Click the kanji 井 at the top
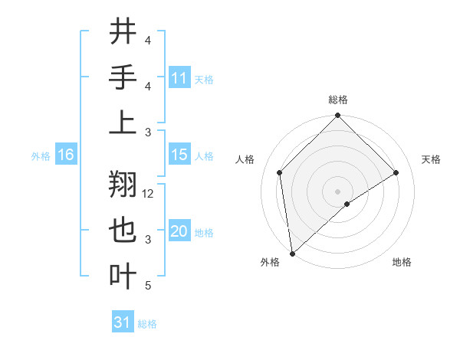(123, 32)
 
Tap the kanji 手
(123, 77)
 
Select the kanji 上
(123, 123)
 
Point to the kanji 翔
(123, 185)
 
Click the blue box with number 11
(179, 77)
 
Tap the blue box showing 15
(179, 155)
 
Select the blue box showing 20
(179, 231)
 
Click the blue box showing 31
(123, 322)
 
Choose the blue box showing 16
(66, 155)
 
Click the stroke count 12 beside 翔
(149, 194)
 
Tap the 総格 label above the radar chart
(337, 100)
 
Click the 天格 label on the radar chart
(431, 159)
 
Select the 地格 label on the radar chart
(402, 262)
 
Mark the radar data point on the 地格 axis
(347, 204)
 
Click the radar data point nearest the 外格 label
(292, 253)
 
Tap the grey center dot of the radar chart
(337, 191)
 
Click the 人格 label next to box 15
(204, 155)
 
